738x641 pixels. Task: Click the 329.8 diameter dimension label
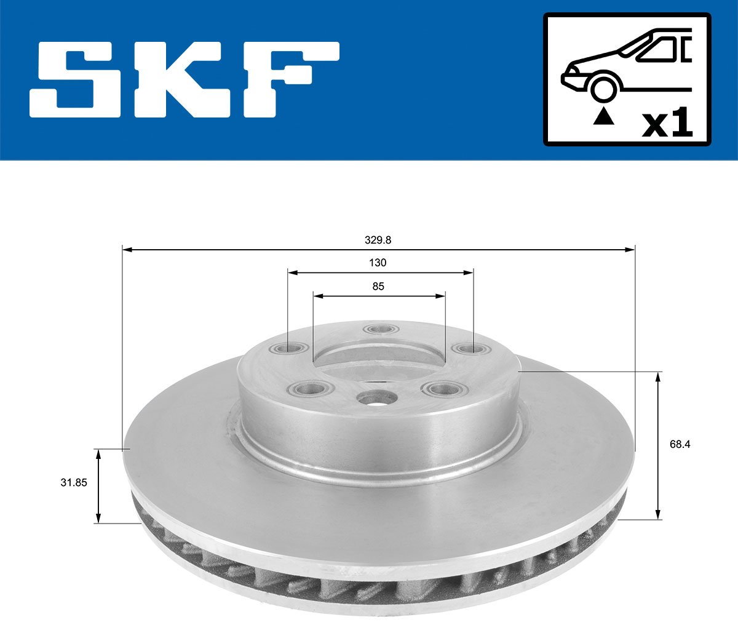pyautogui.click(x=378, y=240)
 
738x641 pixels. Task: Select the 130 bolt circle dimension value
pyautogui.click(x=378, y=263)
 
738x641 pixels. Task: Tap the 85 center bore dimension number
pyautogui.click(x=378, y=286)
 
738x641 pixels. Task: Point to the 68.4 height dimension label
pyautogui.click(x=680, y=444)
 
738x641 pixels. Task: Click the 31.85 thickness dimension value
pyautogui.click(x=73, y=483)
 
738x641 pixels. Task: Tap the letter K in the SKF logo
pyautogui.click(x=178, y=80)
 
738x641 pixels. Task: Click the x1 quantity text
pyautogui.click(x=667, y=124)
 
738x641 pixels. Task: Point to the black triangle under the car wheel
pyautogui.click(x=604, y=116)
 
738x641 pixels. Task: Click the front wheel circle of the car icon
pyautogui.click(x=604, y=88)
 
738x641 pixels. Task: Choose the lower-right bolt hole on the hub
pyautogui.click(x=445, y=389)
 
